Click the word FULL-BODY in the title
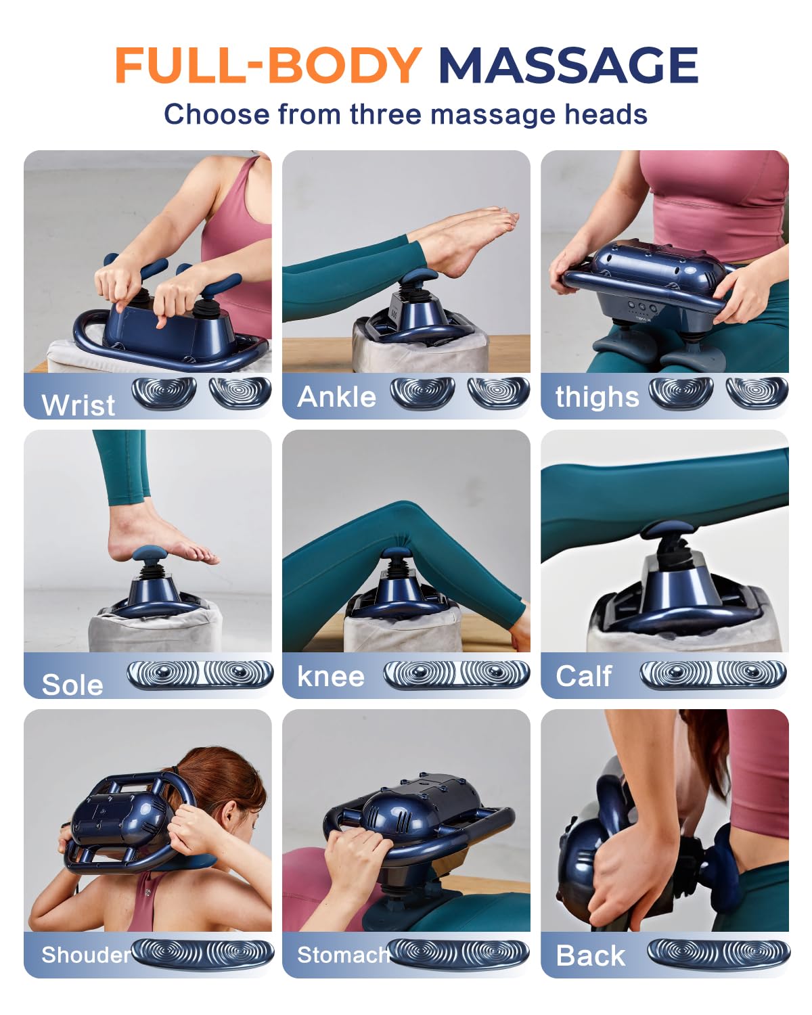pyautogui.click(x=269, y=66)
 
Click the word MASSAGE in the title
pyautogui.click(x=568, y=66)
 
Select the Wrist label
pyautogui.click(x=78, y=405)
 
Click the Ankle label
pyautogui.click(x=336, y=397)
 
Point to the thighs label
pyautogui.click(x=597, y=397)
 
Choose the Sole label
pyautogui.click(x=72, y=684)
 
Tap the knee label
pyautogui.click(x=331, y=676)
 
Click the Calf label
pyautogui.click(x=583, y=676)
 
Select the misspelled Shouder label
pyautogui.click(x=86, y=955)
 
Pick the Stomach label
pyautogui.click(x=344, y=955)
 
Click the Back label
pyautogui.click(x=590, y=955)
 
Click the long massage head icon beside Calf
pyautogui.click(x=713, y=674)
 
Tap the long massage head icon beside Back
pyautogui.click(x=719, y=953)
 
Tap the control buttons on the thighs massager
pyautogui.click(x=641, y=307)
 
